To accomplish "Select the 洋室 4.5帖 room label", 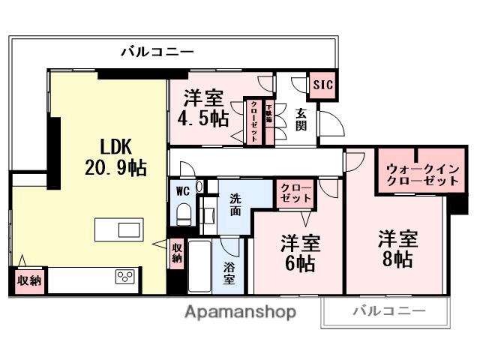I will (x=202, y=109).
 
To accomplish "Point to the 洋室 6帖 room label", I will (x=301, y=253).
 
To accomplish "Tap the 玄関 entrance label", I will (x=301, y=118).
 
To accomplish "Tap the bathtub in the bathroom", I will (x=200, y=267).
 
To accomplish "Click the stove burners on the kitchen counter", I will (x=124, y=277).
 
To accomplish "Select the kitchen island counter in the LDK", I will (x=118, y=229).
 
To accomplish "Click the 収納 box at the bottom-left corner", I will (x=29, y=280).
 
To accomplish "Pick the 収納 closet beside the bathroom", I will (x=176, y=253).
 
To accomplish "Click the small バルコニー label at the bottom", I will (x=388, y=310).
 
